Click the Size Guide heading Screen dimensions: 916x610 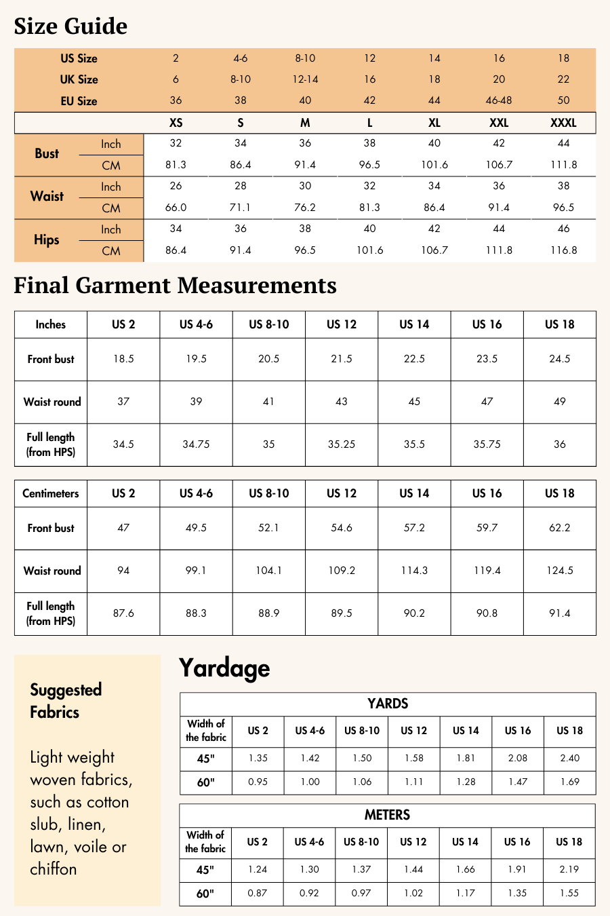[x=70, y=26]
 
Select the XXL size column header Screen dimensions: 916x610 [x=499, y=123]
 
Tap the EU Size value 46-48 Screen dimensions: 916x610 [x=499, y=100]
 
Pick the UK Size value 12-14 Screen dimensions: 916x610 [x=305, y=79]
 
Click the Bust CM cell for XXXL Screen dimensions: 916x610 [x=563, y=165]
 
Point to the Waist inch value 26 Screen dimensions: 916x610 [x=176, y=186]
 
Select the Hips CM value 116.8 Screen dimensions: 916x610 [x=563, y=250]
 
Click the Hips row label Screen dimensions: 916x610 [x=47, y=240]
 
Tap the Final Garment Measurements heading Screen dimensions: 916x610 [x=175, y=286]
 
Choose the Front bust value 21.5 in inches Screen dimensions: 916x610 [x=342, y=359]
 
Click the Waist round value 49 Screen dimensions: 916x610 [x=560, y=402]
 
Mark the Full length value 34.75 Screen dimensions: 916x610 [x=196, y=444]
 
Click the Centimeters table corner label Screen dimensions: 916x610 [x=51, y=493]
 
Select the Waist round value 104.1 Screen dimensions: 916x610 [x=268, y=571]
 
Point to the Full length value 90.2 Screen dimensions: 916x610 [x=414, y=613]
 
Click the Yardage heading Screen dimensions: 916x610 [x=224, y=668]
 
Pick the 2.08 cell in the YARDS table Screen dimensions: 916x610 [x=518, y=758]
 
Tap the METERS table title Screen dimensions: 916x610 [x=387, y=815]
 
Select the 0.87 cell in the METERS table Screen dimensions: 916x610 [x=258, y=893]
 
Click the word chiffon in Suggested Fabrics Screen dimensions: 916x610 [x=54, y=869]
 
